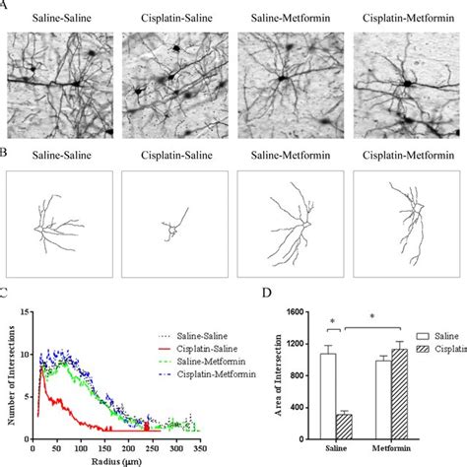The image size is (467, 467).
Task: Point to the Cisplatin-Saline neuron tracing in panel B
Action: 171,228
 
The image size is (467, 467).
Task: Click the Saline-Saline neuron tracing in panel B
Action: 56,228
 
